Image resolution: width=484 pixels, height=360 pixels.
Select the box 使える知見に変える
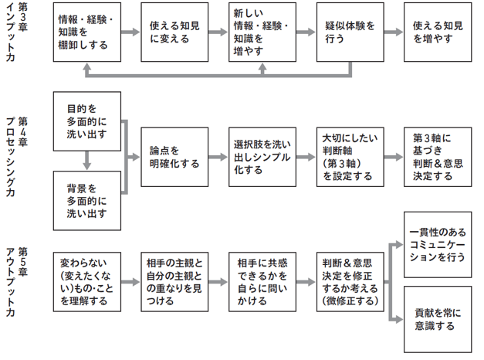point(174,32)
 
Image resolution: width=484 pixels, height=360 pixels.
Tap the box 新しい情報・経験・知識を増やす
point(262,32)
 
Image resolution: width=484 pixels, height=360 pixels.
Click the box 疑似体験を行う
point(350,32)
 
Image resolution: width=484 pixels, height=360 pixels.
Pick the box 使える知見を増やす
point(438,32)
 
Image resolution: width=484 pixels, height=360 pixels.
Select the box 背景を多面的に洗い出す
point(86,199)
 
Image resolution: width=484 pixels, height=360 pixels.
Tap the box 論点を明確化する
point(174,158)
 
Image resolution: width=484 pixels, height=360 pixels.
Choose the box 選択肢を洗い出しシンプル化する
point(262,158)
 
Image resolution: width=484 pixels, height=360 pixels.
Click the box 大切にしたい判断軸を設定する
point(350,158)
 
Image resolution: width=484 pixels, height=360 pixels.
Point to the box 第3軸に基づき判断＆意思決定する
point(438,158)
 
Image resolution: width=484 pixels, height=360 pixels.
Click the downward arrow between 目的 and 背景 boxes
point(86,161)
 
